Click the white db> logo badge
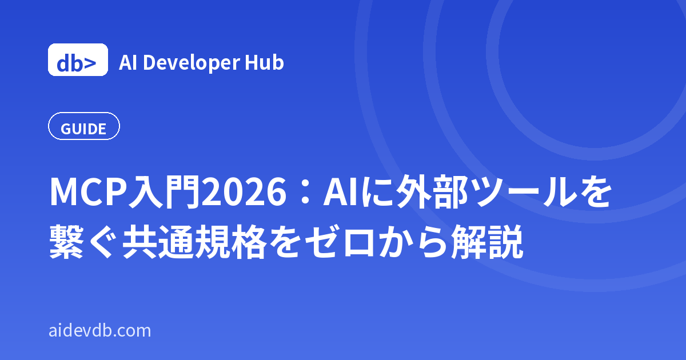tap(78, 59)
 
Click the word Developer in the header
tap(192, 63)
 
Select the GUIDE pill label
tap(83, 126)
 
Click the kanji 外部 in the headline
tap(432, 193)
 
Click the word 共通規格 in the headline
tap(194, 242)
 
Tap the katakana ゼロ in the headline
tap(340, 242)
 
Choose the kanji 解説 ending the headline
tap(487, 242)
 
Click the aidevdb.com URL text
tap(100, 331)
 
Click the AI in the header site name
tap(127, 62)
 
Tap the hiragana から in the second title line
tap(413, 242)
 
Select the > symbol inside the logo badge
tap(89, 63)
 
